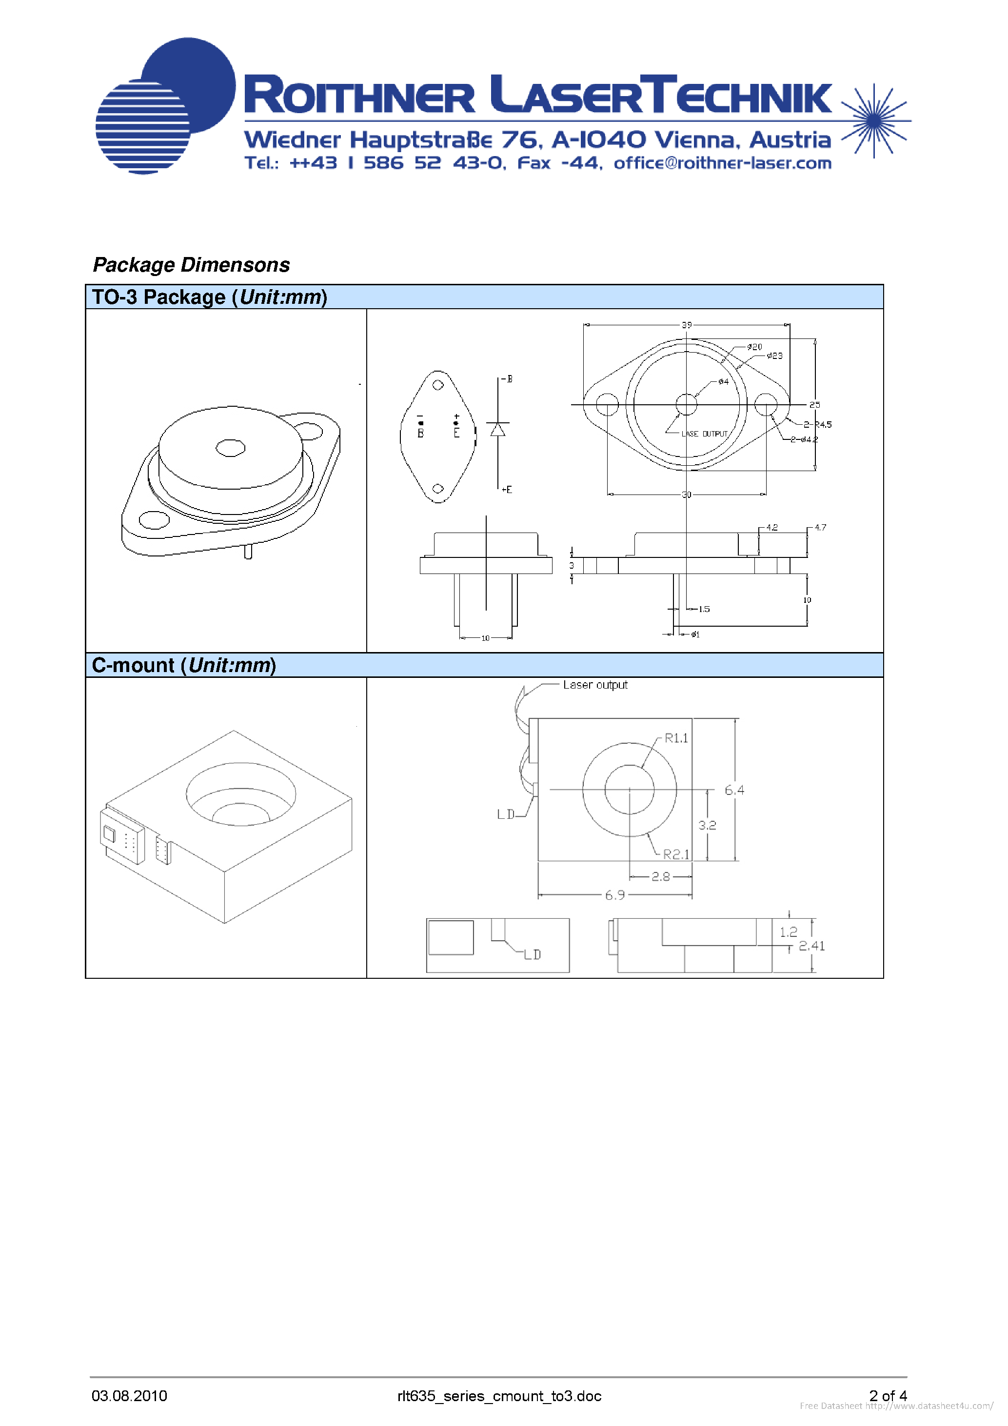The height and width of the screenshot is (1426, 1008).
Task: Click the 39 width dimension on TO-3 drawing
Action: (686, 325)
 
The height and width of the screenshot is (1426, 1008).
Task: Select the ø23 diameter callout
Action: (774, 356)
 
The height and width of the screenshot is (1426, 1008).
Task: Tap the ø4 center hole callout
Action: (723, 381)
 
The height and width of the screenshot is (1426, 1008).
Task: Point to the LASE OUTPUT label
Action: (704, 434)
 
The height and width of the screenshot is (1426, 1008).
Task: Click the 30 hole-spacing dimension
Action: (686, 495)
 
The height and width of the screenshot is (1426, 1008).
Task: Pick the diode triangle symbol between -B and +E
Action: (497, 430)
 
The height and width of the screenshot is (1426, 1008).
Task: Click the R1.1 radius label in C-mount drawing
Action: (676, 738)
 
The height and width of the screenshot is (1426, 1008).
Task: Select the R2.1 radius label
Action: (676, 854)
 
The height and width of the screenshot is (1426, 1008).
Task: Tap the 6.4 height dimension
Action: (734, 790)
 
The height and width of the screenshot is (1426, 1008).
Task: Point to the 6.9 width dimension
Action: (615, 895)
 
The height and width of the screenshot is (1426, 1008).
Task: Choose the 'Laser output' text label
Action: (595, 684)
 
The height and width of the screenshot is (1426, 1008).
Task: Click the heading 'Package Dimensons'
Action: (191, 265)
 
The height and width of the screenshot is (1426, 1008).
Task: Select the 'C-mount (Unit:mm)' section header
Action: (184, 665)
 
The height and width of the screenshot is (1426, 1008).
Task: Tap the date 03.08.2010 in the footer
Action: (129, 1396)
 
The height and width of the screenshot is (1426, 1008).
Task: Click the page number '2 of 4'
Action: (888, 1396)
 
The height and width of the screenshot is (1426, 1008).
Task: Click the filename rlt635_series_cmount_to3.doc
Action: (499, 1396)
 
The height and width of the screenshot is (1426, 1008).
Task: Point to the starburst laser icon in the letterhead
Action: (874, 120)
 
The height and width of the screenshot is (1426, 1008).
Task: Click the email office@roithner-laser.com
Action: (722, 163)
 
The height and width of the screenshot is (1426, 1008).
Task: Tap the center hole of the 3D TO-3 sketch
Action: (230, 447)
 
